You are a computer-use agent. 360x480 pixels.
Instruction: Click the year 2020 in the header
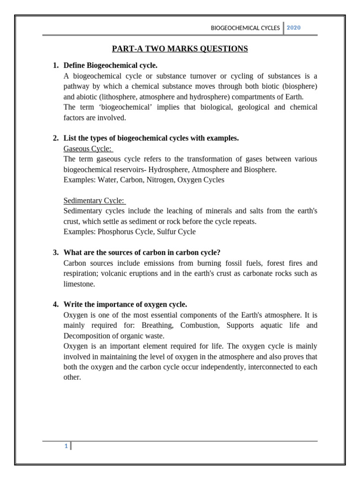point(293,28)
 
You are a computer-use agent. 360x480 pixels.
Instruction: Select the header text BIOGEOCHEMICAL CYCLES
point(245,28)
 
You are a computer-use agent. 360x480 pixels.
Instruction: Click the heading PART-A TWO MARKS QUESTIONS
point(180,49)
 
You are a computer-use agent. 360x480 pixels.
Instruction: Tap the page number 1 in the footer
point(66,446)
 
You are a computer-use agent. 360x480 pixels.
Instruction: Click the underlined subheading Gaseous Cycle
point(88,149)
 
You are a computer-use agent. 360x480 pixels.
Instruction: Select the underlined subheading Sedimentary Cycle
point(94,201)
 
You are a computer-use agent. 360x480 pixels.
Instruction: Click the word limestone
point(79,284)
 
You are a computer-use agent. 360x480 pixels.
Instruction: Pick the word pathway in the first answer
point(77,87)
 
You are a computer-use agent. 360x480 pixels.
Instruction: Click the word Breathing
point(157,325)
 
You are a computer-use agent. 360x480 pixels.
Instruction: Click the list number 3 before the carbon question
point(56,253)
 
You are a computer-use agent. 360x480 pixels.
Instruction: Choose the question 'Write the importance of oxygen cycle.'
point(125,304)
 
